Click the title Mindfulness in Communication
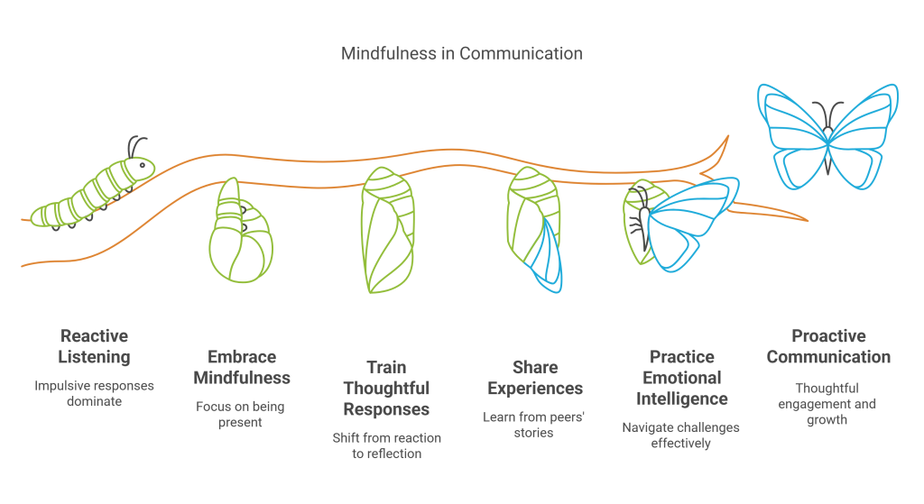click(461, 53)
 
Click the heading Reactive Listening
click(94, 346)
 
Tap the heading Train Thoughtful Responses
click(386, 389)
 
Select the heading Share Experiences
click(535, 378)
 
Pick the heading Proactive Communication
click(827, 346)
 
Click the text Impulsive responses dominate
click(94, 392)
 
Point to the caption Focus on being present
click(240, 414)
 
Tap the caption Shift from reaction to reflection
click(386, 444)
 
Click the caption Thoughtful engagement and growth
click(827, 403)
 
